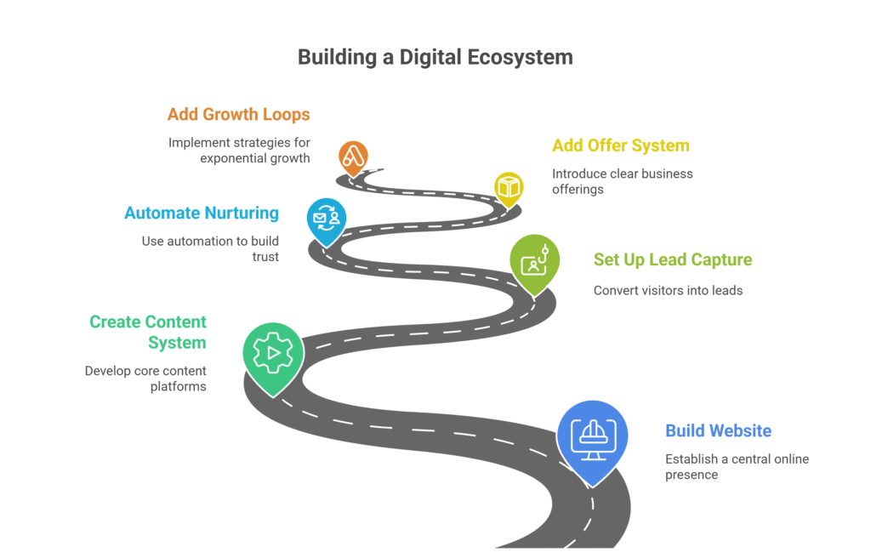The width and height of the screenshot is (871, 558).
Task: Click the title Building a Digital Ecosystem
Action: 435,57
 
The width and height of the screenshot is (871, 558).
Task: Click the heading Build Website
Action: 719,430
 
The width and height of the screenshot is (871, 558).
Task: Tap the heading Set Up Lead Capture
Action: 673,259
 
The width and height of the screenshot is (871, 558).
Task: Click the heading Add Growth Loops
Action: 238,114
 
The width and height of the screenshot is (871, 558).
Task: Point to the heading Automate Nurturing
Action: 202,213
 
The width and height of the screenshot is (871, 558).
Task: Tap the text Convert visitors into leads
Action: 668,290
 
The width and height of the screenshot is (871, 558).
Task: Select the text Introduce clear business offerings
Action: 622,181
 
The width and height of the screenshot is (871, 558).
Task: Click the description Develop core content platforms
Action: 145,379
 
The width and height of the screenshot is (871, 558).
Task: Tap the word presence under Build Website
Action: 692,475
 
